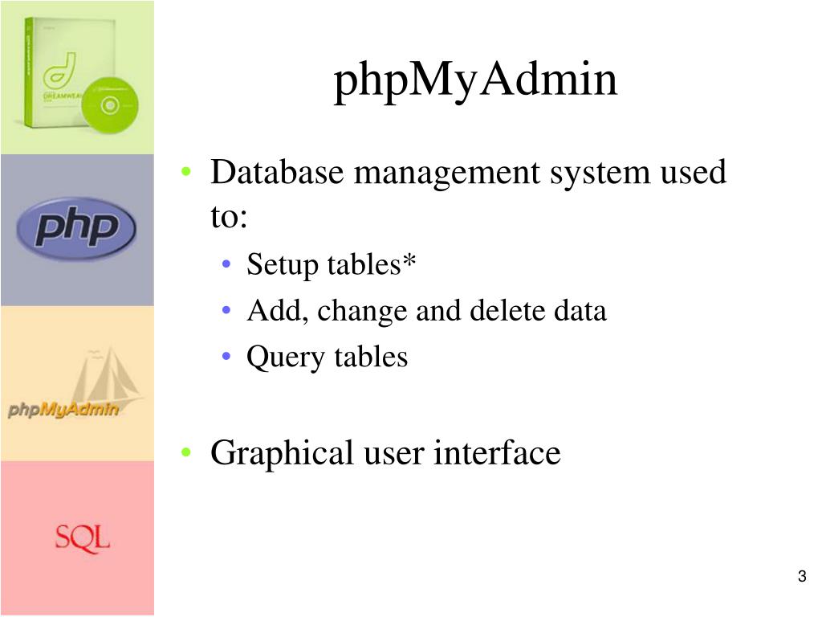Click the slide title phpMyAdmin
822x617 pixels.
click(476, 81)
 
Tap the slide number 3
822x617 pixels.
click(802, 576)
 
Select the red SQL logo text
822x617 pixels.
click(82, 537)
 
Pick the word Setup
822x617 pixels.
click(271, 265)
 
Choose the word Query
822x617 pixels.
click(273, 357)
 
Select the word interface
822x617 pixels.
click(497, 453)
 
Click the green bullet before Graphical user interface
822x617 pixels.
click(186, 454)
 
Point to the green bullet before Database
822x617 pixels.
click(186, 173)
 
